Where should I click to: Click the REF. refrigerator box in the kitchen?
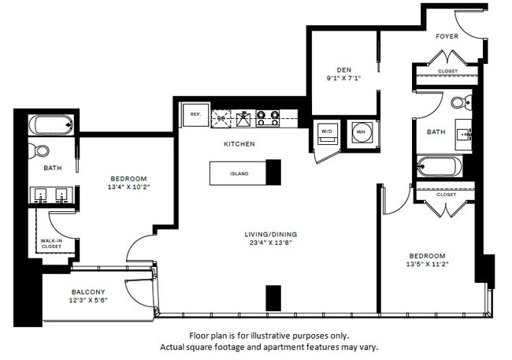(x=195, y=115)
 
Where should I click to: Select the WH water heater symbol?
(x=362, y=132)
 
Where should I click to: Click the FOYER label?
(x=447, y=36)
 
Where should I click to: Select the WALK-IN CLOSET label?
(x=52, y=243)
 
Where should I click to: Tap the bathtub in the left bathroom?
(x=52, y=124)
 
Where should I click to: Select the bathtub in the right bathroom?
(x=439, y=166)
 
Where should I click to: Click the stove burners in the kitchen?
(x=269, y=118)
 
